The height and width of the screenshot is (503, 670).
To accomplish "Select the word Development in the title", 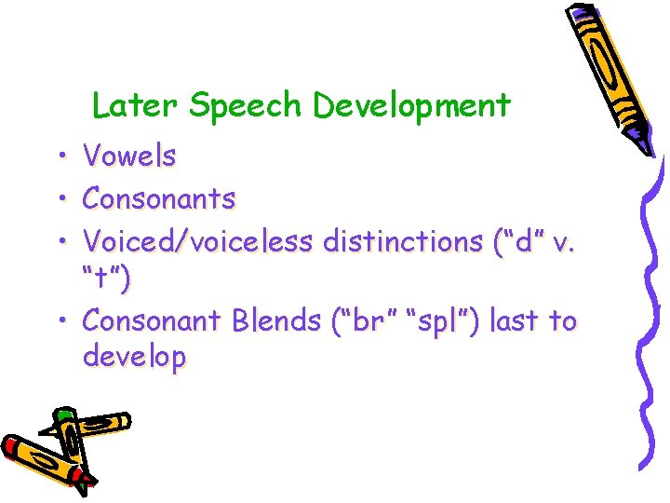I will point(411,106).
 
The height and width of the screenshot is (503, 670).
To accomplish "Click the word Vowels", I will point(129,156).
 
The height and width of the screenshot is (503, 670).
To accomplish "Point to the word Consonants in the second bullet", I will point(159,198).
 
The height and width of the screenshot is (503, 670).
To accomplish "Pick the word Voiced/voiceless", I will point(198,241).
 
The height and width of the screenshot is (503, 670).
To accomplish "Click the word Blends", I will point(275,320).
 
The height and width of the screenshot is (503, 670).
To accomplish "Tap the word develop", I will point(134,357).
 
